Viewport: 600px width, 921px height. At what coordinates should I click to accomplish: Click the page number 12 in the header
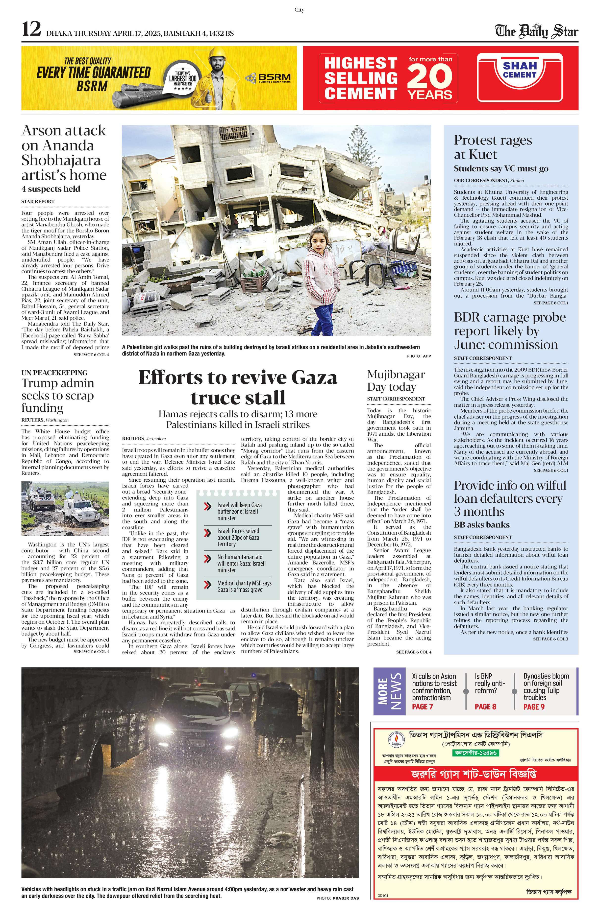click(x=31, y=29)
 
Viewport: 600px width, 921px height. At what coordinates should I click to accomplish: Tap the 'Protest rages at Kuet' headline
click(x=493, y=147)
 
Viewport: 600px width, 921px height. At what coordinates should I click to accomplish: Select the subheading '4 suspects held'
click(x=51, y=189)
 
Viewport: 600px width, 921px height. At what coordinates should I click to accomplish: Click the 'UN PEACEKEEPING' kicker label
click(x=54, y=373)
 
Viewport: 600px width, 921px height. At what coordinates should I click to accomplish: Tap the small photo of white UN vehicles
click(x=65, y=508)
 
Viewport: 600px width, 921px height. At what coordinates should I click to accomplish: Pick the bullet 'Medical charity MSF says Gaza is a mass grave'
click(x=244, y=586)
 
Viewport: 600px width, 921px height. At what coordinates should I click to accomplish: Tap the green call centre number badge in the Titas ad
click(x=475, y=753)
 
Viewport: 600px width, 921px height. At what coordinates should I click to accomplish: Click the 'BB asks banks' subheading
click(x=481, y=525)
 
